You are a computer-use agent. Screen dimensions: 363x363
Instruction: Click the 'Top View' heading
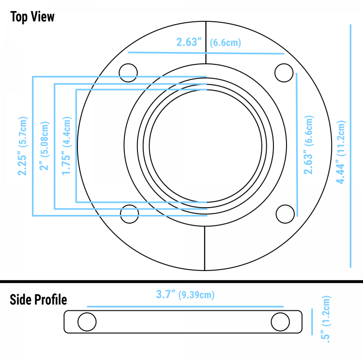tap(32, 17)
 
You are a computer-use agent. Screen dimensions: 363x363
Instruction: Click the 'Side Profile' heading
tap(38, 300)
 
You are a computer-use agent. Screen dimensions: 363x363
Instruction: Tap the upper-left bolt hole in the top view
tap(128, 73)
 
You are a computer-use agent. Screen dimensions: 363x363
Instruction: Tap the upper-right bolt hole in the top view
tap(284, 73)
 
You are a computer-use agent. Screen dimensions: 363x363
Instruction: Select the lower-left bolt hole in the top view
tap(129, 214)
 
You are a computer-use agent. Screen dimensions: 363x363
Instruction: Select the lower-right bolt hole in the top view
tap(285, 214)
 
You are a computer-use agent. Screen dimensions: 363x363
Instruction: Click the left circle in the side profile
tap(87, 322)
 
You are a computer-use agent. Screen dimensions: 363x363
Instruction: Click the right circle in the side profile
tap(280, 322)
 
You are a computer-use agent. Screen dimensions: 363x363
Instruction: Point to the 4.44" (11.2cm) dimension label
tap(341, 152)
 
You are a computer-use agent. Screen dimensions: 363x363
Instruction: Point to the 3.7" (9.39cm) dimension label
tap(185, 294)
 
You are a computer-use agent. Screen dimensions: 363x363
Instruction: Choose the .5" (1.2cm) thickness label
tap(326, 319)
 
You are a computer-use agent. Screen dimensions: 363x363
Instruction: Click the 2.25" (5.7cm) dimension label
tap(23, 146)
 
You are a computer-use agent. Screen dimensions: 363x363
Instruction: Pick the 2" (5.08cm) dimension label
tap(44, 146)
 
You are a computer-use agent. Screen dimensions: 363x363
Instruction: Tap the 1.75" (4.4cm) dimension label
tap(67, 146)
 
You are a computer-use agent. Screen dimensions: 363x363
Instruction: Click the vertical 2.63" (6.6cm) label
tap(309, 145)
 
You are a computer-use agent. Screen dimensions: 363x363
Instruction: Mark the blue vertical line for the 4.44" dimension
tap(350, 146)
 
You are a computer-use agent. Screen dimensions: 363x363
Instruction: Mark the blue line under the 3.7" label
tap(185, 306)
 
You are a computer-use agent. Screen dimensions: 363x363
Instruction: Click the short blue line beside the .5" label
tap(312, 322)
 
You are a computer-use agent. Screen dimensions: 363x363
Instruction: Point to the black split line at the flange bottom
tap(205, 248)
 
